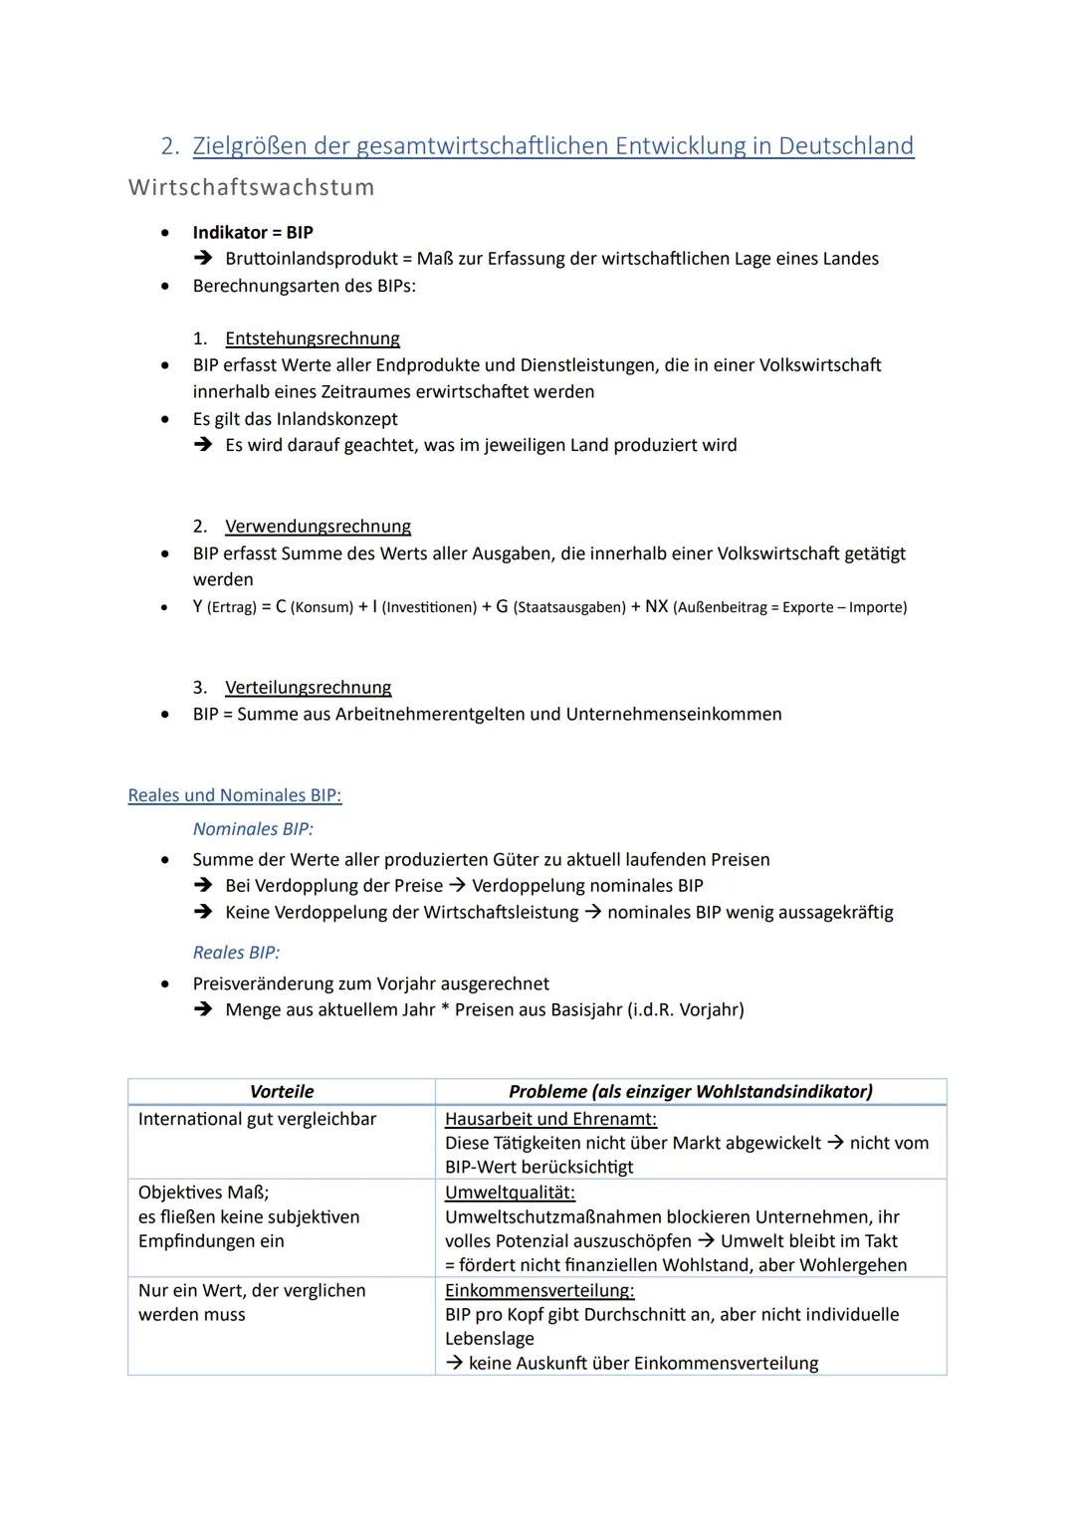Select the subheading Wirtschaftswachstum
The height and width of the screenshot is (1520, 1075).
252,187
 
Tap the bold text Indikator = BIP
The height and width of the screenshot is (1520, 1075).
253,232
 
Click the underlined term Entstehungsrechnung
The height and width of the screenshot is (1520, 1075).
313,338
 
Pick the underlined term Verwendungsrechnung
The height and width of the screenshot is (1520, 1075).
318,527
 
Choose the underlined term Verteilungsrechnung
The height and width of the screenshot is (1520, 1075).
308,688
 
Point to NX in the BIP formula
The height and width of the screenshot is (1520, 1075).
656,606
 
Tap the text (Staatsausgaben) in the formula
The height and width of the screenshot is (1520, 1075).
569,607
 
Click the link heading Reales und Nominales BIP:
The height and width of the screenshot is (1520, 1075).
235,795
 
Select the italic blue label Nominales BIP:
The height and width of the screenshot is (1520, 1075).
253,829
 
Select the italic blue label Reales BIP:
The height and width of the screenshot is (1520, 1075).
236,953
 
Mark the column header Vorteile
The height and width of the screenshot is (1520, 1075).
282,1091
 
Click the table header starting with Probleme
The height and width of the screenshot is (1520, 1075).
690,1091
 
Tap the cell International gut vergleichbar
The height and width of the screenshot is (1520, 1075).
257,1119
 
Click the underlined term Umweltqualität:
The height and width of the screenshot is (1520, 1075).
510,1193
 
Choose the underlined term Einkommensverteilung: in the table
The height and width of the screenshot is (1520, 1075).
539,1290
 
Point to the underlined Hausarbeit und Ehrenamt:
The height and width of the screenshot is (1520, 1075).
550,1119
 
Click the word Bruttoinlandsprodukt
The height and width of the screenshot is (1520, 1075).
312,259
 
